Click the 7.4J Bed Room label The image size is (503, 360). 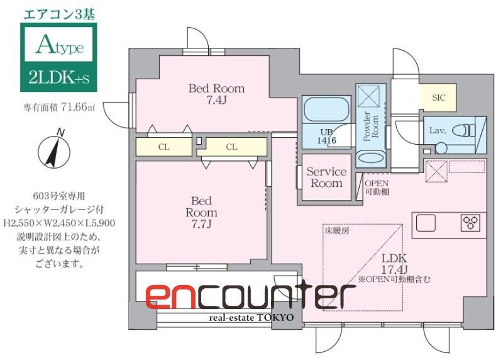click(216, 94)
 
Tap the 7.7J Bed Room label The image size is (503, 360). click(201, 212)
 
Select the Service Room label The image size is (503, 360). click(326, 177)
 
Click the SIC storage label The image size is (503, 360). click(438, 98)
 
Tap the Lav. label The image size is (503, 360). click(438, 130)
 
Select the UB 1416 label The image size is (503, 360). click(325, 137)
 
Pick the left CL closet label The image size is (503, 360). click(163, 147)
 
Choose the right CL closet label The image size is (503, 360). click(231, 147)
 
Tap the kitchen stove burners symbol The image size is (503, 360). click(470, 223)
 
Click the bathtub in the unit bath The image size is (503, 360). click(325, 111)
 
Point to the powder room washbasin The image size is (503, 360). click(368, 159)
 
